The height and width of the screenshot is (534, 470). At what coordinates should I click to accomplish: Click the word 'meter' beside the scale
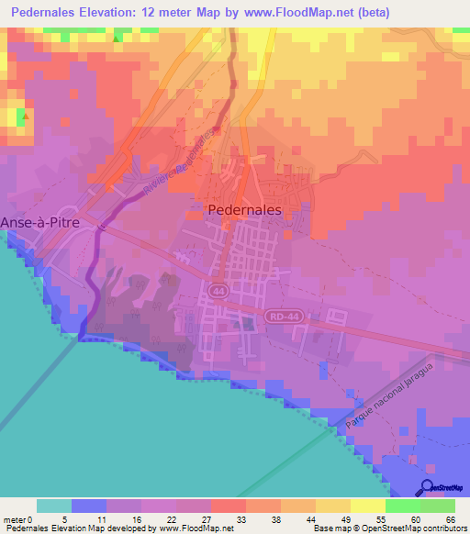(x=15, y=517)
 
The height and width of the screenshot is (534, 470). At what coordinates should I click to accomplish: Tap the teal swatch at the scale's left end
(x=54, y=506)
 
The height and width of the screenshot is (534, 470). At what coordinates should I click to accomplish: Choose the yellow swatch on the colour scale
(x=368, y=506)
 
